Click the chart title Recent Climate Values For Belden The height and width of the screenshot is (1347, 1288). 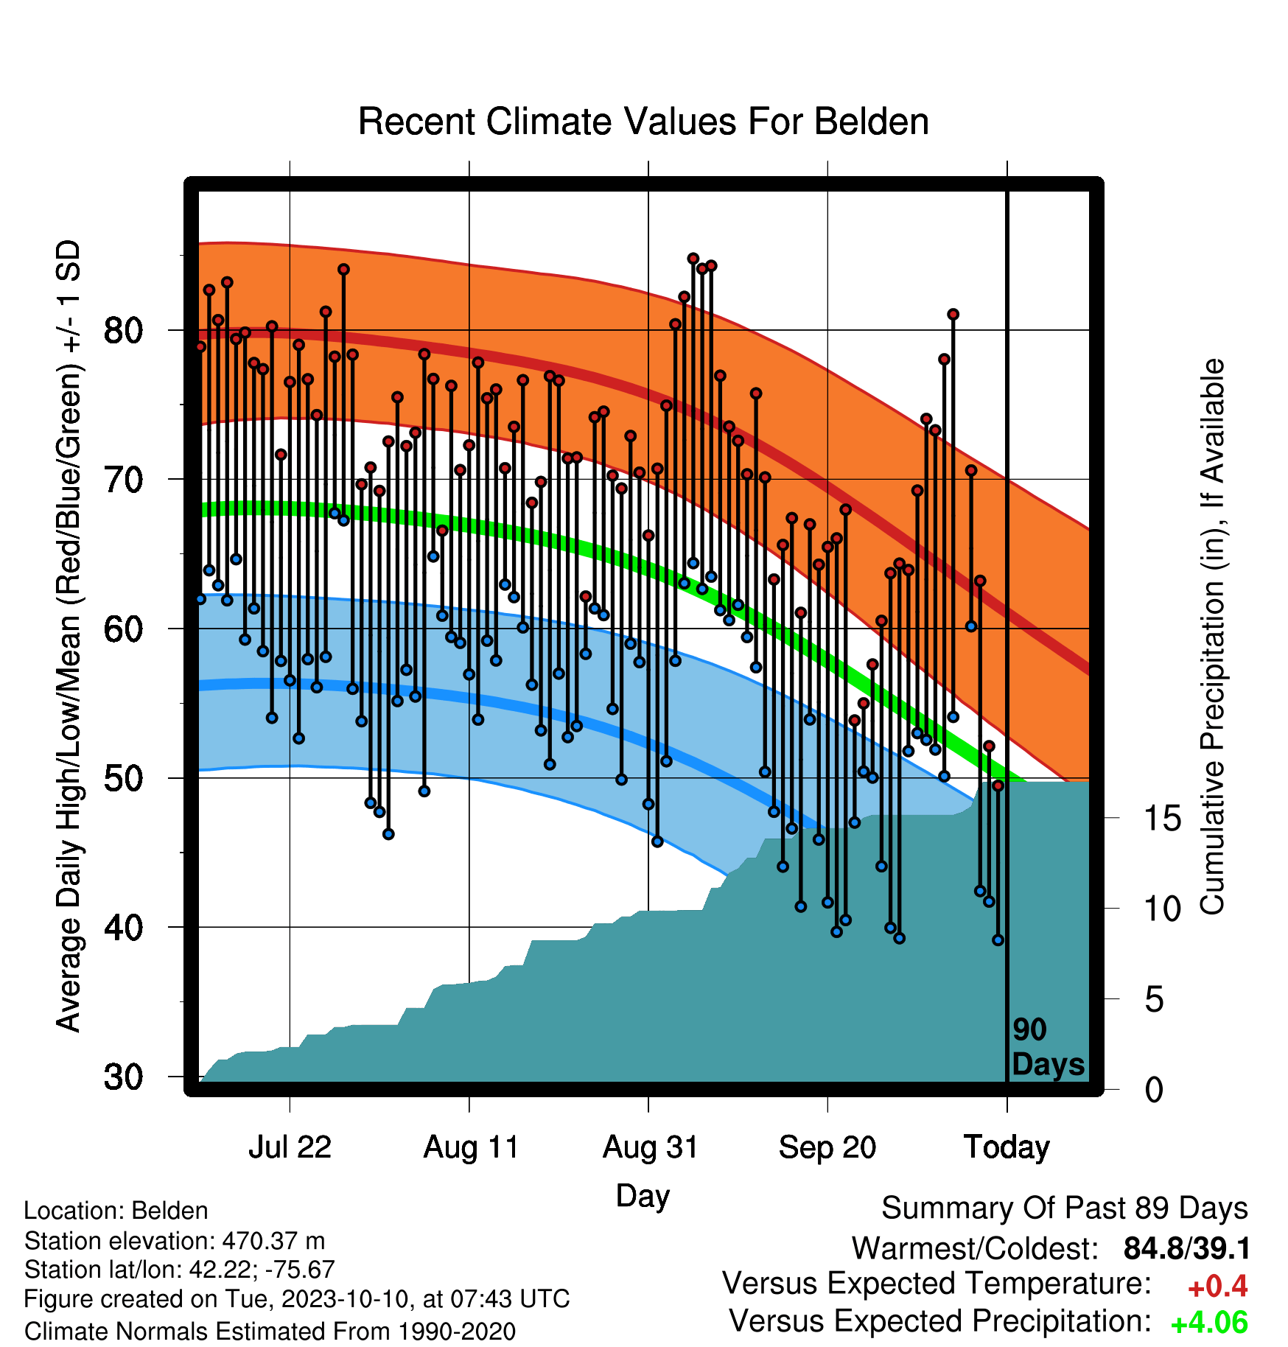click(643, 122)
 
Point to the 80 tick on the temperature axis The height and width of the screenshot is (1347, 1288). click(123, 331)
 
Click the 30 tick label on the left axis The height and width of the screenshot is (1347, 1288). click(123, 1077)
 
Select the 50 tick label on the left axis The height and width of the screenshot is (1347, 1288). click(123, 778)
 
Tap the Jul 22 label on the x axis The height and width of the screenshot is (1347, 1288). click(290, 1147)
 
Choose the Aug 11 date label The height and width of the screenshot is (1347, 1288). click(471, 1147)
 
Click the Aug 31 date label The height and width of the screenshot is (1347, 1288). click(650, 1147)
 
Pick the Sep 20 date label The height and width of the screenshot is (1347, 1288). click(827, 1147)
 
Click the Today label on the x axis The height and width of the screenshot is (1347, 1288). click(1007, 1147)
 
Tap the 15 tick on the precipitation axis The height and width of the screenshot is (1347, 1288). click(1162, 818)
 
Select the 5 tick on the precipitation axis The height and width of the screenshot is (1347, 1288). click(1154, 1000)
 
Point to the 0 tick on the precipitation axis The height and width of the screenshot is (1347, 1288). click(1154, 1090)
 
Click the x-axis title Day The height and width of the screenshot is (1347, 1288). click(643, 1196)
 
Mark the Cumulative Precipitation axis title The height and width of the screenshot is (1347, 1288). click(1211, 637)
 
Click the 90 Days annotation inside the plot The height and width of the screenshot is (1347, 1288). click(1048, 1047)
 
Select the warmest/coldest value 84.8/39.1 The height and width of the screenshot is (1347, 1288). click(1186, 1249)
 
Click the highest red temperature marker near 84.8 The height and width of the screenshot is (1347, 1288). click(693, 259)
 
